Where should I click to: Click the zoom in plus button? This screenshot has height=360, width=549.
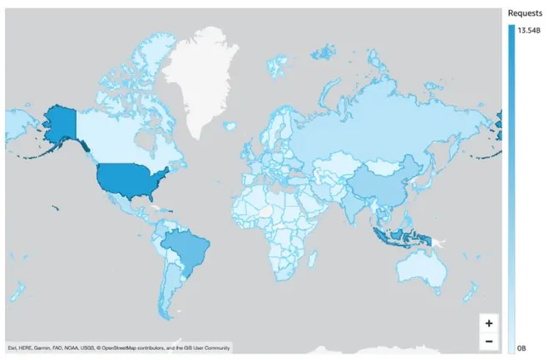point(488,323)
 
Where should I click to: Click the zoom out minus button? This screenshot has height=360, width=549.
point(488,341)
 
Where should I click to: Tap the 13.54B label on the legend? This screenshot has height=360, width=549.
point(529,30)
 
